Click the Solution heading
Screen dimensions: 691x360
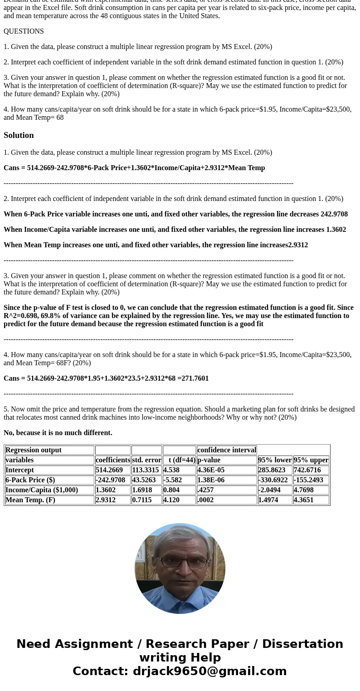19,135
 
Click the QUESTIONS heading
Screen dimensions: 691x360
24,31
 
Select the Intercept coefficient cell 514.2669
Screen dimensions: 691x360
109,470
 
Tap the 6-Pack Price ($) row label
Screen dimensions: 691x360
30,480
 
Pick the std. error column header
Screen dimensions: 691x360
146,460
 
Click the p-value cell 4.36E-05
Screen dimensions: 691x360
211,470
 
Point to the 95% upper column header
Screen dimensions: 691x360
311,460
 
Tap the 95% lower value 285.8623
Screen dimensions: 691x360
272,470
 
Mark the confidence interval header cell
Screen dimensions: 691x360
227,450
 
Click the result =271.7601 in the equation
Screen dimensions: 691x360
193,378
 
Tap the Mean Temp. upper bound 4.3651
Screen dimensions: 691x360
303,500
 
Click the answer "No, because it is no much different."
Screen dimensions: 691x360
58,433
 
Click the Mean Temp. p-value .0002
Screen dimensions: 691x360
205,500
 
